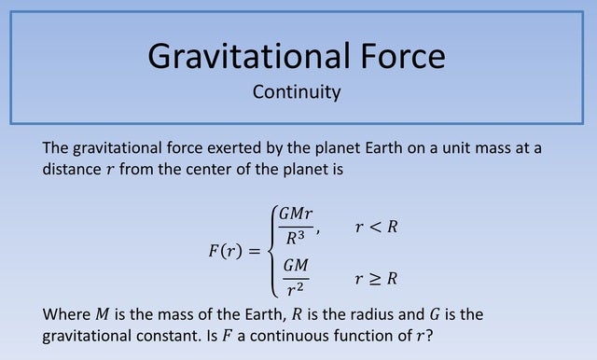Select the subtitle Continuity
click(297, 92)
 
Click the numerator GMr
click(296, 215)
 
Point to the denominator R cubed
click(297, 238)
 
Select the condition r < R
click(377, 227)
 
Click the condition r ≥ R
click(377, 278)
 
